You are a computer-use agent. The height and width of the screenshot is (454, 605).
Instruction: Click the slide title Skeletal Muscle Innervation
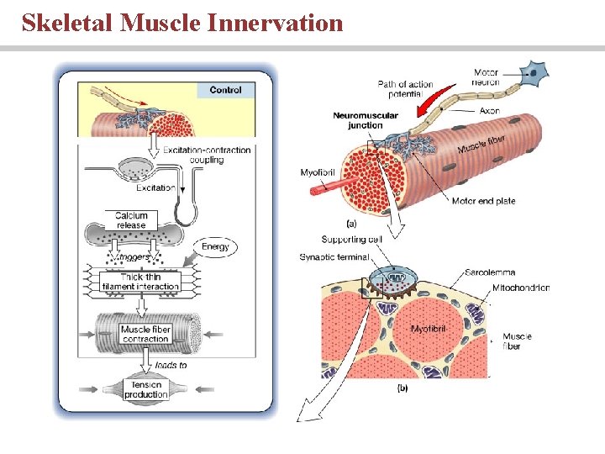[x=182, y=22]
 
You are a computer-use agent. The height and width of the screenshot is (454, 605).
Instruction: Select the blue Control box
[x=225, y=90]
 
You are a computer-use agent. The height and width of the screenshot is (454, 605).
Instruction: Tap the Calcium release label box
[x=131, y=220]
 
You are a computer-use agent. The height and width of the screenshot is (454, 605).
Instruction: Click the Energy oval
[x=215, y=246]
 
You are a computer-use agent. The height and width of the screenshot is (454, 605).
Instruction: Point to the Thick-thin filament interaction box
[x=140, y=282]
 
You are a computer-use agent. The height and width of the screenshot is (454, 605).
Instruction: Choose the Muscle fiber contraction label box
[x=145, y=334]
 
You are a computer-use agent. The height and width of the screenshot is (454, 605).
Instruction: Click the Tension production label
[x=145, y=389]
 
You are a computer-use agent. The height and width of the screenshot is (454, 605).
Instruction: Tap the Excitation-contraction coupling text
[x=207, y=155]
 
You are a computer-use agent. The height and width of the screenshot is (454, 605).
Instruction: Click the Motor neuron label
[x=486, y=77]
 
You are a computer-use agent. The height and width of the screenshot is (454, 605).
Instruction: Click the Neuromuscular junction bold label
[x=358, y=120]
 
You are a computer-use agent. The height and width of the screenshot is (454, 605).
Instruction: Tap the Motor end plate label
[x=483, y=201]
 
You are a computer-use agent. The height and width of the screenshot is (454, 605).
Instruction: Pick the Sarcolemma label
[x=489, y=272]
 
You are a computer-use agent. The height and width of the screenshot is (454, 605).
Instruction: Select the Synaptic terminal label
[x=334, y=256]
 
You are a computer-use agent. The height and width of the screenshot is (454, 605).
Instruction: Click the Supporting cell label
[x=353, y=240]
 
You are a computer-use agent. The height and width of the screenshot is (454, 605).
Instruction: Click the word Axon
[x=490, y=110]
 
